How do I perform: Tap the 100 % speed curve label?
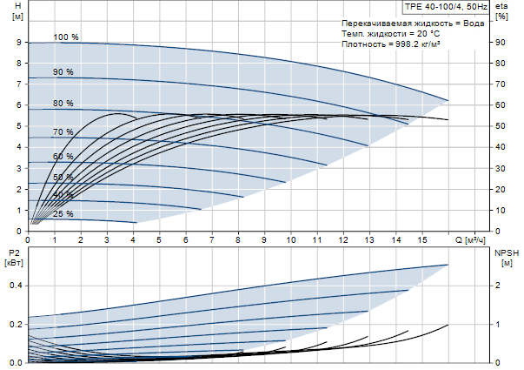tap(66, 37)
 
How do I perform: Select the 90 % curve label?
tap(63, 72)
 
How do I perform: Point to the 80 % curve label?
tap(63, 104)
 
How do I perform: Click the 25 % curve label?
tap(63, 214)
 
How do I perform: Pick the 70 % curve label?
tap(63, 132)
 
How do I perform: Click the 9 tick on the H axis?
tap(17, 42)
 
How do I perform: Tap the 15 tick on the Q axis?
tap(422, 239)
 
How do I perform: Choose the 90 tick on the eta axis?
tap(500, 42)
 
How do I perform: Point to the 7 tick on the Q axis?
tap(212, 239)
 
